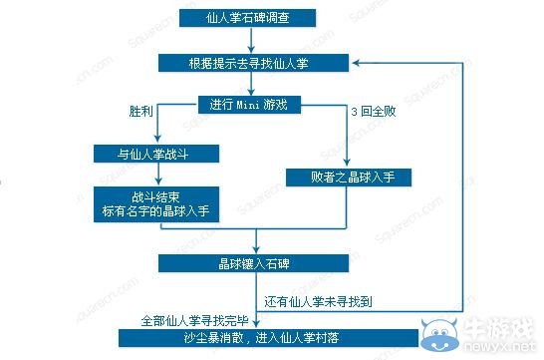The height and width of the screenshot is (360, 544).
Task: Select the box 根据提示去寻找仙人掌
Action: click(255, 62)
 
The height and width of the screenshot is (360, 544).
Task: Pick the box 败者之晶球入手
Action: click(345, 178)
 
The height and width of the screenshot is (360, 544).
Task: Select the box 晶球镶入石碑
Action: click(255, 263)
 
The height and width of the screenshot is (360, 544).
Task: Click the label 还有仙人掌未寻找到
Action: click(325, 299)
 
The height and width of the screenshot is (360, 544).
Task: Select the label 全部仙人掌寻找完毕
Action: click(194, 321)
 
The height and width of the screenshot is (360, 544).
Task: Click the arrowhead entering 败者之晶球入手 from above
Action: click(345, 164)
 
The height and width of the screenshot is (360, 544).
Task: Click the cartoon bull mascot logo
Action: click(439, 331)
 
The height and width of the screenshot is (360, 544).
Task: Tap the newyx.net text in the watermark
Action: click(498, 347)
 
